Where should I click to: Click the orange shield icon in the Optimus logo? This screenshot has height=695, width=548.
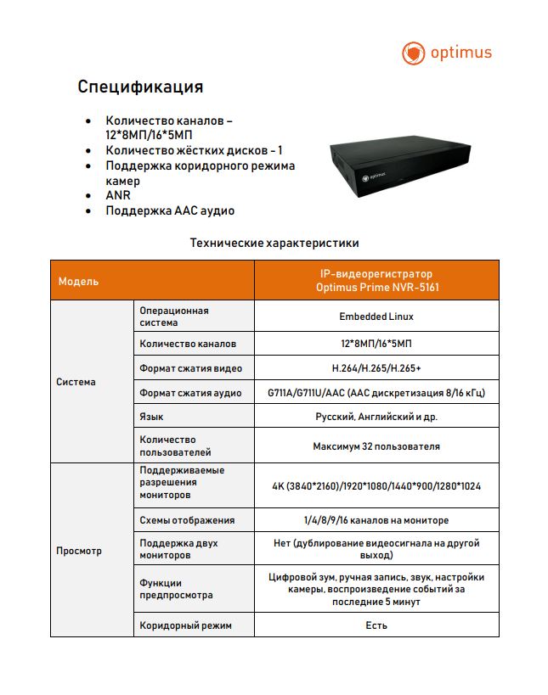tap(413, 53)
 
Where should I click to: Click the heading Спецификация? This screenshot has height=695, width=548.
tap(140, 87)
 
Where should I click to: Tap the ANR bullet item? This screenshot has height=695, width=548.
tap(118, 195)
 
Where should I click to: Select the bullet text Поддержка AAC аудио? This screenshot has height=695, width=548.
tap(170, 210)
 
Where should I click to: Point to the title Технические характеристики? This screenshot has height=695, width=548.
tap(274, 244)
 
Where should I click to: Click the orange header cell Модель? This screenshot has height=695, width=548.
tap(78, 281)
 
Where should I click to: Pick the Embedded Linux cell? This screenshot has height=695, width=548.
tap(376, 317)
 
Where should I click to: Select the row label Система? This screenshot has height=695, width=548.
tap(76, 382)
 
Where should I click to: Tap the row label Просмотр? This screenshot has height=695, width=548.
tap(79, 551)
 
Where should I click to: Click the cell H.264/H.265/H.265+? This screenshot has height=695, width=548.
tap(376, 368)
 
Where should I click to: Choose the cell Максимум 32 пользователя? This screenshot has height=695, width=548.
tap(376, 446)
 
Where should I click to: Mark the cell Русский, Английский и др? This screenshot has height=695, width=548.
tap(376, 417)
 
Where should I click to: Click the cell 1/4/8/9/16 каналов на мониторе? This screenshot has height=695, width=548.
tap(376, 520)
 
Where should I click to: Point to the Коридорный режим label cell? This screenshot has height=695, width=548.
tap(185, 625)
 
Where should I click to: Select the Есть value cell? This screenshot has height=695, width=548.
tap(376, 625)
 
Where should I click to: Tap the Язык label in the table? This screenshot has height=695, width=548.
tap(152, 417)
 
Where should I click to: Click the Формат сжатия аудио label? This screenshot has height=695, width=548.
tap(190, 393)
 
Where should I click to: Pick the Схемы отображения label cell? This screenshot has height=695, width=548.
tap(187, 520)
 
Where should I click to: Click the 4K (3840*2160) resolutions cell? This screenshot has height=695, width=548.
tap(376, 485)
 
